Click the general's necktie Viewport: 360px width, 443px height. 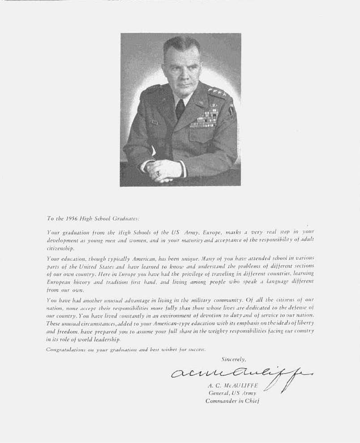180,109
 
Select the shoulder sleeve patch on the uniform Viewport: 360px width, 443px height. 231,110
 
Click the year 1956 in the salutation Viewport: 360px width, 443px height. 73,219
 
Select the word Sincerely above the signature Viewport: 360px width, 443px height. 234,359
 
